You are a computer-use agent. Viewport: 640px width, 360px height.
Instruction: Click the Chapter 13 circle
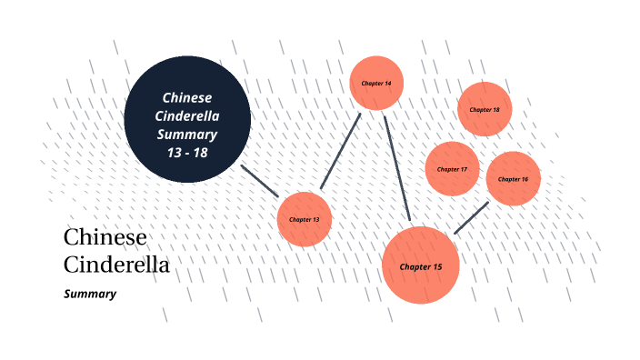coord(305,219)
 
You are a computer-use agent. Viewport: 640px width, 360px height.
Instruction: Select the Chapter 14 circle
coord(376,83)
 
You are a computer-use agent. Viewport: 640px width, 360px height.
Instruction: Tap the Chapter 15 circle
coord(420,265)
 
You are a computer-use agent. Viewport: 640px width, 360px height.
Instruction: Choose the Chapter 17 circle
coord(452,169)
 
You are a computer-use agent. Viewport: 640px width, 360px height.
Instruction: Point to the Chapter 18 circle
coord(485,109)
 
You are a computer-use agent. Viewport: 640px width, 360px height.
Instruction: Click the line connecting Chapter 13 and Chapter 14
coord(340,152)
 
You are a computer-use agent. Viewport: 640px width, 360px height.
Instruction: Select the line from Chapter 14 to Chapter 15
coord(397,168)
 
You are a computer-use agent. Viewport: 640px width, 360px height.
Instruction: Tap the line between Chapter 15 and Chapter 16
coord(471,218)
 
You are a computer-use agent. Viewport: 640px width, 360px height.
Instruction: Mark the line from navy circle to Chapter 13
coord(260,181)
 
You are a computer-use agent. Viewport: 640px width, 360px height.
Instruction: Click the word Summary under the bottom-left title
coord(90,294)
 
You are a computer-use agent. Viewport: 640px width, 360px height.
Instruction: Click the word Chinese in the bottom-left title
coord(105,238)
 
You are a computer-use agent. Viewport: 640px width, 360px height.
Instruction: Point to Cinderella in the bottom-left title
coord(116,265)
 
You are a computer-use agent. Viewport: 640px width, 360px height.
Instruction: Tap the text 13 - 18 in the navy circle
coord(187,152)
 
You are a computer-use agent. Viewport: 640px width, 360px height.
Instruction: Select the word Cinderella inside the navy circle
coord(187,115)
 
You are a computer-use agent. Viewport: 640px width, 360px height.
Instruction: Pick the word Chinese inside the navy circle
coord(187,97)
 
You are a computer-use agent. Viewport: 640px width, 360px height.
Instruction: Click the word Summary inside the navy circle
coord(187,134)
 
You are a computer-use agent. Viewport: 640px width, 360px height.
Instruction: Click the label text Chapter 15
coord(420,267)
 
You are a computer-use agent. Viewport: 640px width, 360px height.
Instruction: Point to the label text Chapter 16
coord(514,179)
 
